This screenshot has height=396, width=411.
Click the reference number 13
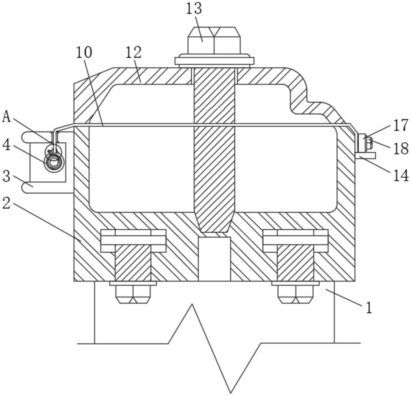point(194,9)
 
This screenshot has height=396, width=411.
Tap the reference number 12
point(134,52)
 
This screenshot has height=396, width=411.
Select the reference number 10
point(84,52)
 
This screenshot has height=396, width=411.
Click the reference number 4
point(6,145)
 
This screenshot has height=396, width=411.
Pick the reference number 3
point(6,176)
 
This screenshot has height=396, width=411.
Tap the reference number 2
point(6,203)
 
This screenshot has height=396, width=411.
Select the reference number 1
point(369,307)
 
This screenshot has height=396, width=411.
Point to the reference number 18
point(400,149)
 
